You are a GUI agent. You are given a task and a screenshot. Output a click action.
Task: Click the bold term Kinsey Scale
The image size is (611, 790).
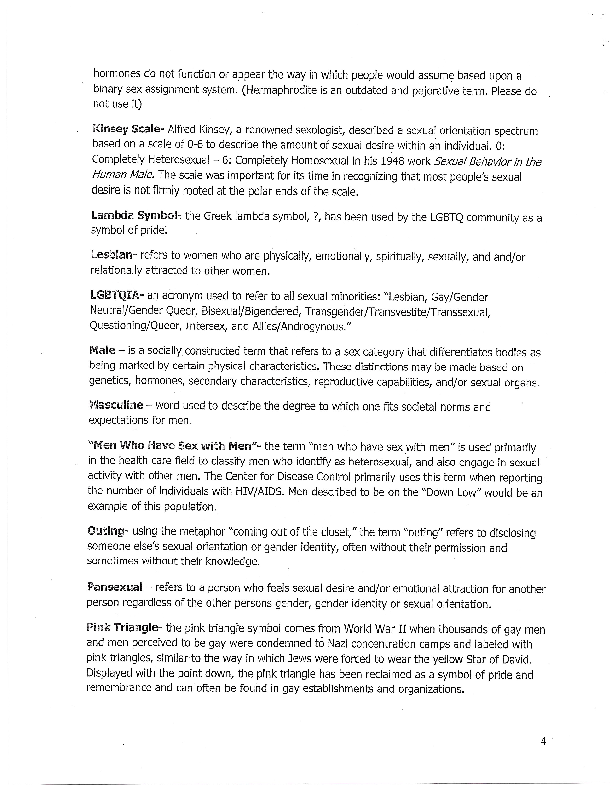coord(128,129)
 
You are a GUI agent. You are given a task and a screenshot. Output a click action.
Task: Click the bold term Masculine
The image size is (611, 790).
coord(116,405)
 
